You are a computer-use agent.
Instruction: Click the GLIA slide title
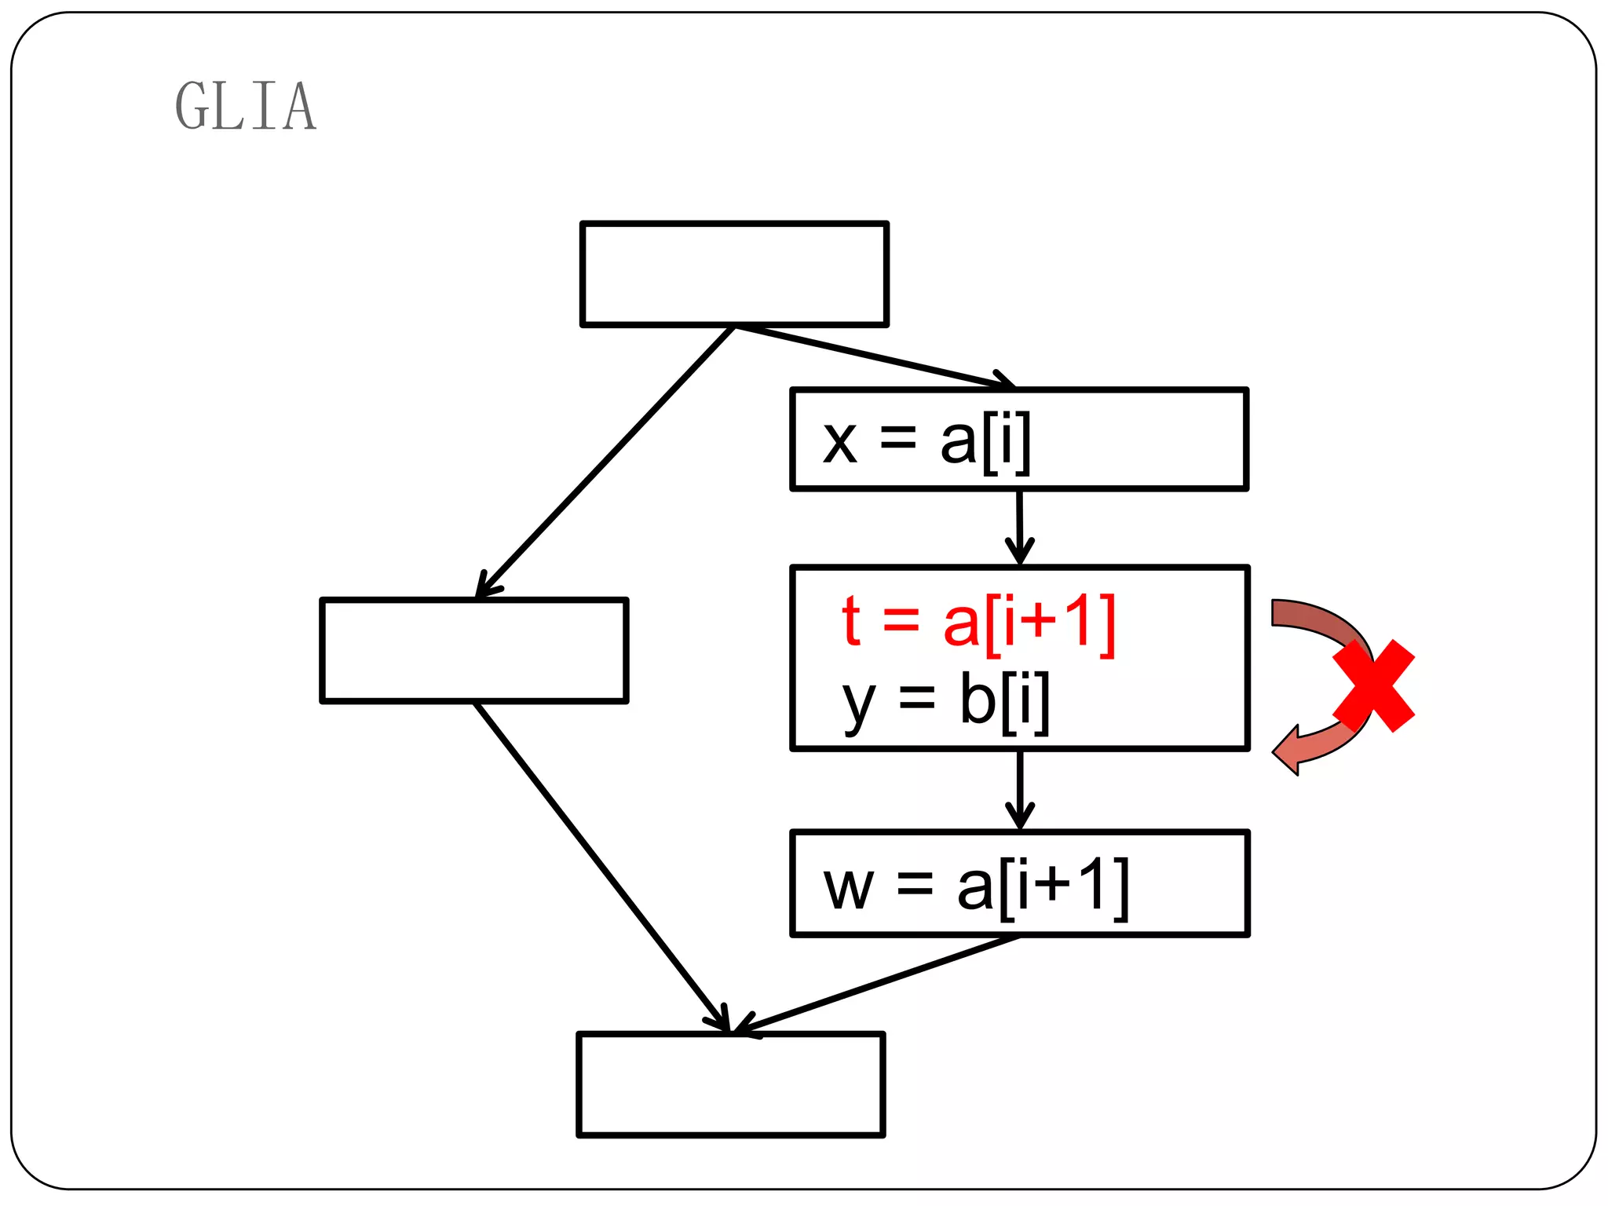(x=245, y=106)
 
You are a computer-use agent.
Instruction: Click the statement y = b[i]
(x=945, y=700)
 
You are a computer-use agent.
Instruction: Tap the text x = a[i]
(x=926, y=441)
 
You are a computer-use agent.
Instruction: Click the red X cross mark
(x=1373, y=685)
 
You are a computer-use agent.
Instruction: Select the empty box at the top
(x=734, y=274)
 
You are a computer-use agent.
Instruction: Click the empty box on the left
(x=474, y=650)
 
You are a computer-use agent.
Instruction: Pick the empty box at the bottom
(x=731, y=1084)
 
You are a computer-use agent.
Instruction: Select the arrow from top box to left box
(x=605, y=462)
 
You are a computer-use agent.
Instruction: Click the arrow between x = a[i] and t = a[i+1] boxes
(x=1019, y=526)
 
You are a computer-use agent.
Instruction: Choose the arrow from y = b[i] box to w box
(x=1020, y=789)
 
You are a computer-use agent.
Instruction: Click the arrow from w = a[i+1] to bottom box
(x=875, y=985)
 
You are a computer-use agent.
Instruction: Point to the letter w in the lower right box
(x=848, y=890)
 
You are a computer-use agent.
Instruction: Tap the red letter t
(x=851, y=622)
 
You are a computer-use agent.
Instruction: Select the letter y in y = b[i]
(x=858, y=704)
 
